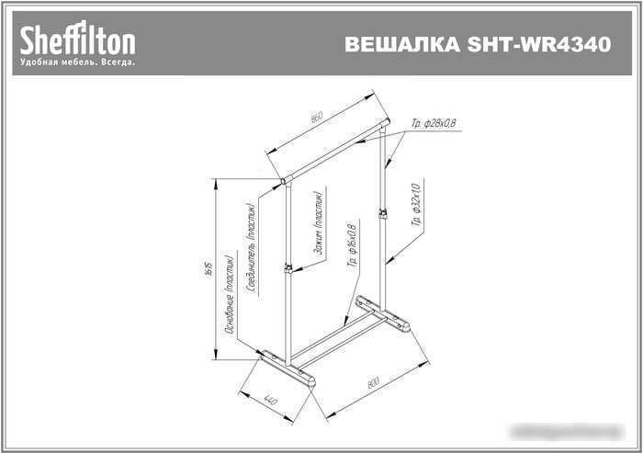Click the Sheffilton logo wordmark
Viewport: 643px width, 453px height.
(x=78, y=40)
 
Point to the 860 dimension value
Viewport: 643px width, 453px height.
(x=317, y=118)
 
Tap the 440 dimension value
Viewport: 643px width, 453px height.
(x=271, y=400)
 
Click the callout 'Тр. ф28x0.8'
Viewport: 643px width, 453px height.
(x=434, y=124)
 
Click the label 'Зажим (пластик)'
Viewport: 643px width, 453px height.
(x=317, y=223)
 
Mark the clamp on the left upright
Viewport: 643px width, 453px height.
(x=288, y=268)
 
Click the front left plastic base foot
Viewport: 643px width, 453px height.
(x=287, y=369)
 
